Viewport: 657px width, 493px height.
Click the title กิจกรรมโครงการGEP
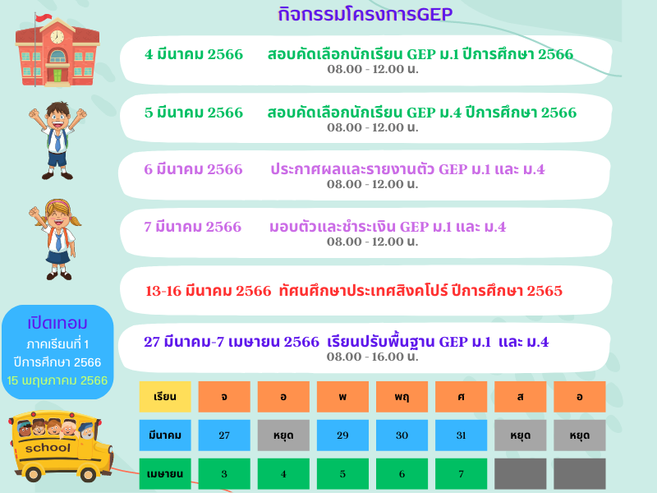pyautogui.click(x=365, y=14)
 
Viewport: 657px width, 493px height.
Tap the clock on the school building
pyautogui.click(x=57, y=36)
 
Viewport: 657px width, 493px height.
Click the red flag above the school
pyautogui.click(x=44, y=17)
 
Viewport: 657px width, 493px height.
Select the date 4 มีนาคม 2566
pyautogui.click(x=194, y=54)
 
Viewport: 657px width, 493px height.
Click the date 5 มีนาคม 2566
pyautogui.click(x=194, y=113)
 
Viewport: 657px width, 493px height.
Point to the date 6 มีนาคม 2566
pyautogui.click(x=193, y=169)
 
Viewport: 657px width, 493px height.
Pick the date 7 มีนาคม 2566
pyautogui.click(x=193, y=227)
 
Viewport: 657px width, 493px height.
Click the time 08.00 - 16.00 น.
pyautogui.click(x=373, y=357)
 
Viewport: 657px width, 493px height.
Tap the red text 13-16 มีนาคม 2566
pyautogui.click(x=209, y=291)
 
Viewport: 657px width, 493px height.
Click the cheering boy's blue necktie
pyautogui.click(x=57, y=142)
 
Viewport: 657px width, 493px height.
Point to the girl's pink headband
pyautogui.click(x=57, y=204)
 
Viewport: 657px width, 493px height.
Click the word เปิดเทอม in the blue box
pyautogui.click(x=57, y=323)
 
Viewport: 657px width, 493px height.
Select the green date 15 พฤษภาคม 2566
pyautogui.click(x=57, y=380)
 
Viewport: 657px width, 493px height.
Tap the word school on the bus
pyautogui.click(x=48, y=448)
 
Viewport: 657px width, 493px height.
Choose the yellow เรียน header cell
pyautogui.click(x=165, y=397)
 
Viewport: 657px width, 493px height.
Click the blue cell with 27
pyautogui.click(x=224, y=435)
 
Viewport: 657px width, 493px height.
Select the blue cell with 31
pyautogui.click(x=462, y=435)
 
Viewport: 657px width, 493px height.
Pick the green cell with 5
pyautogui.click(x=342, y=474)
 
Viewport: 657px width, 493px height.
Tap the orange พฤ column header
pyautogui.click(x=402, y=397)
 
